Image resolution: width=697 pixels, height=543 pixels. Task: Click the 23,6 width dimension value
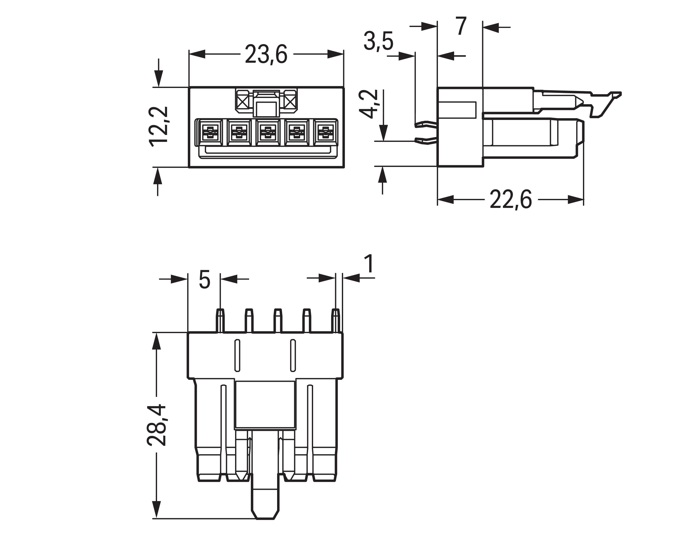(266, 54)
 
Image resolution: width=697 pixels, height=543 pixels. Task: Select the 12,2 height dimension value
(159, 127)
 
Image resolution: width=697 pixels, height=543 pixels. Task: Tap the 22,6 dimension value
(511, 200)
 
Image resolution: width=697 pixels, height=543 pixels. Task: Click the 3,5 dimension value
(378, 41)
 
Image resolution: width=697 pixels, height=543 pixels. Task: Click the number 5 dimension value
(204, 280)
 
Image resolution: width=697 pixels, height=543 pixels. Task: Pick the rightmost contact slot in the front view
(325, 132)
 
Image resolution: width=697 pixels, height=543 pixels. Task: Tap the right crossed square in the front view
(290, 102)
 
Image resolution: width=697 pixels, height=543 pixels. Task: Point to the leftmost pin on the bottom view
(220, 320)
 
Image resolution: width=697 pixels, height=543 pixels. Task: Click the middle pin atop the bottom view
(278, 320)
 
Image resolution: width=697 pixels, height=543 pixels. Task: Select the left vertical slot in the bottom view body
(237, 356)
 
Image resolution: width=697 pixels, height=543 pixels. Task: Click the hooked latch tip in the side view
(616, 95)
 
